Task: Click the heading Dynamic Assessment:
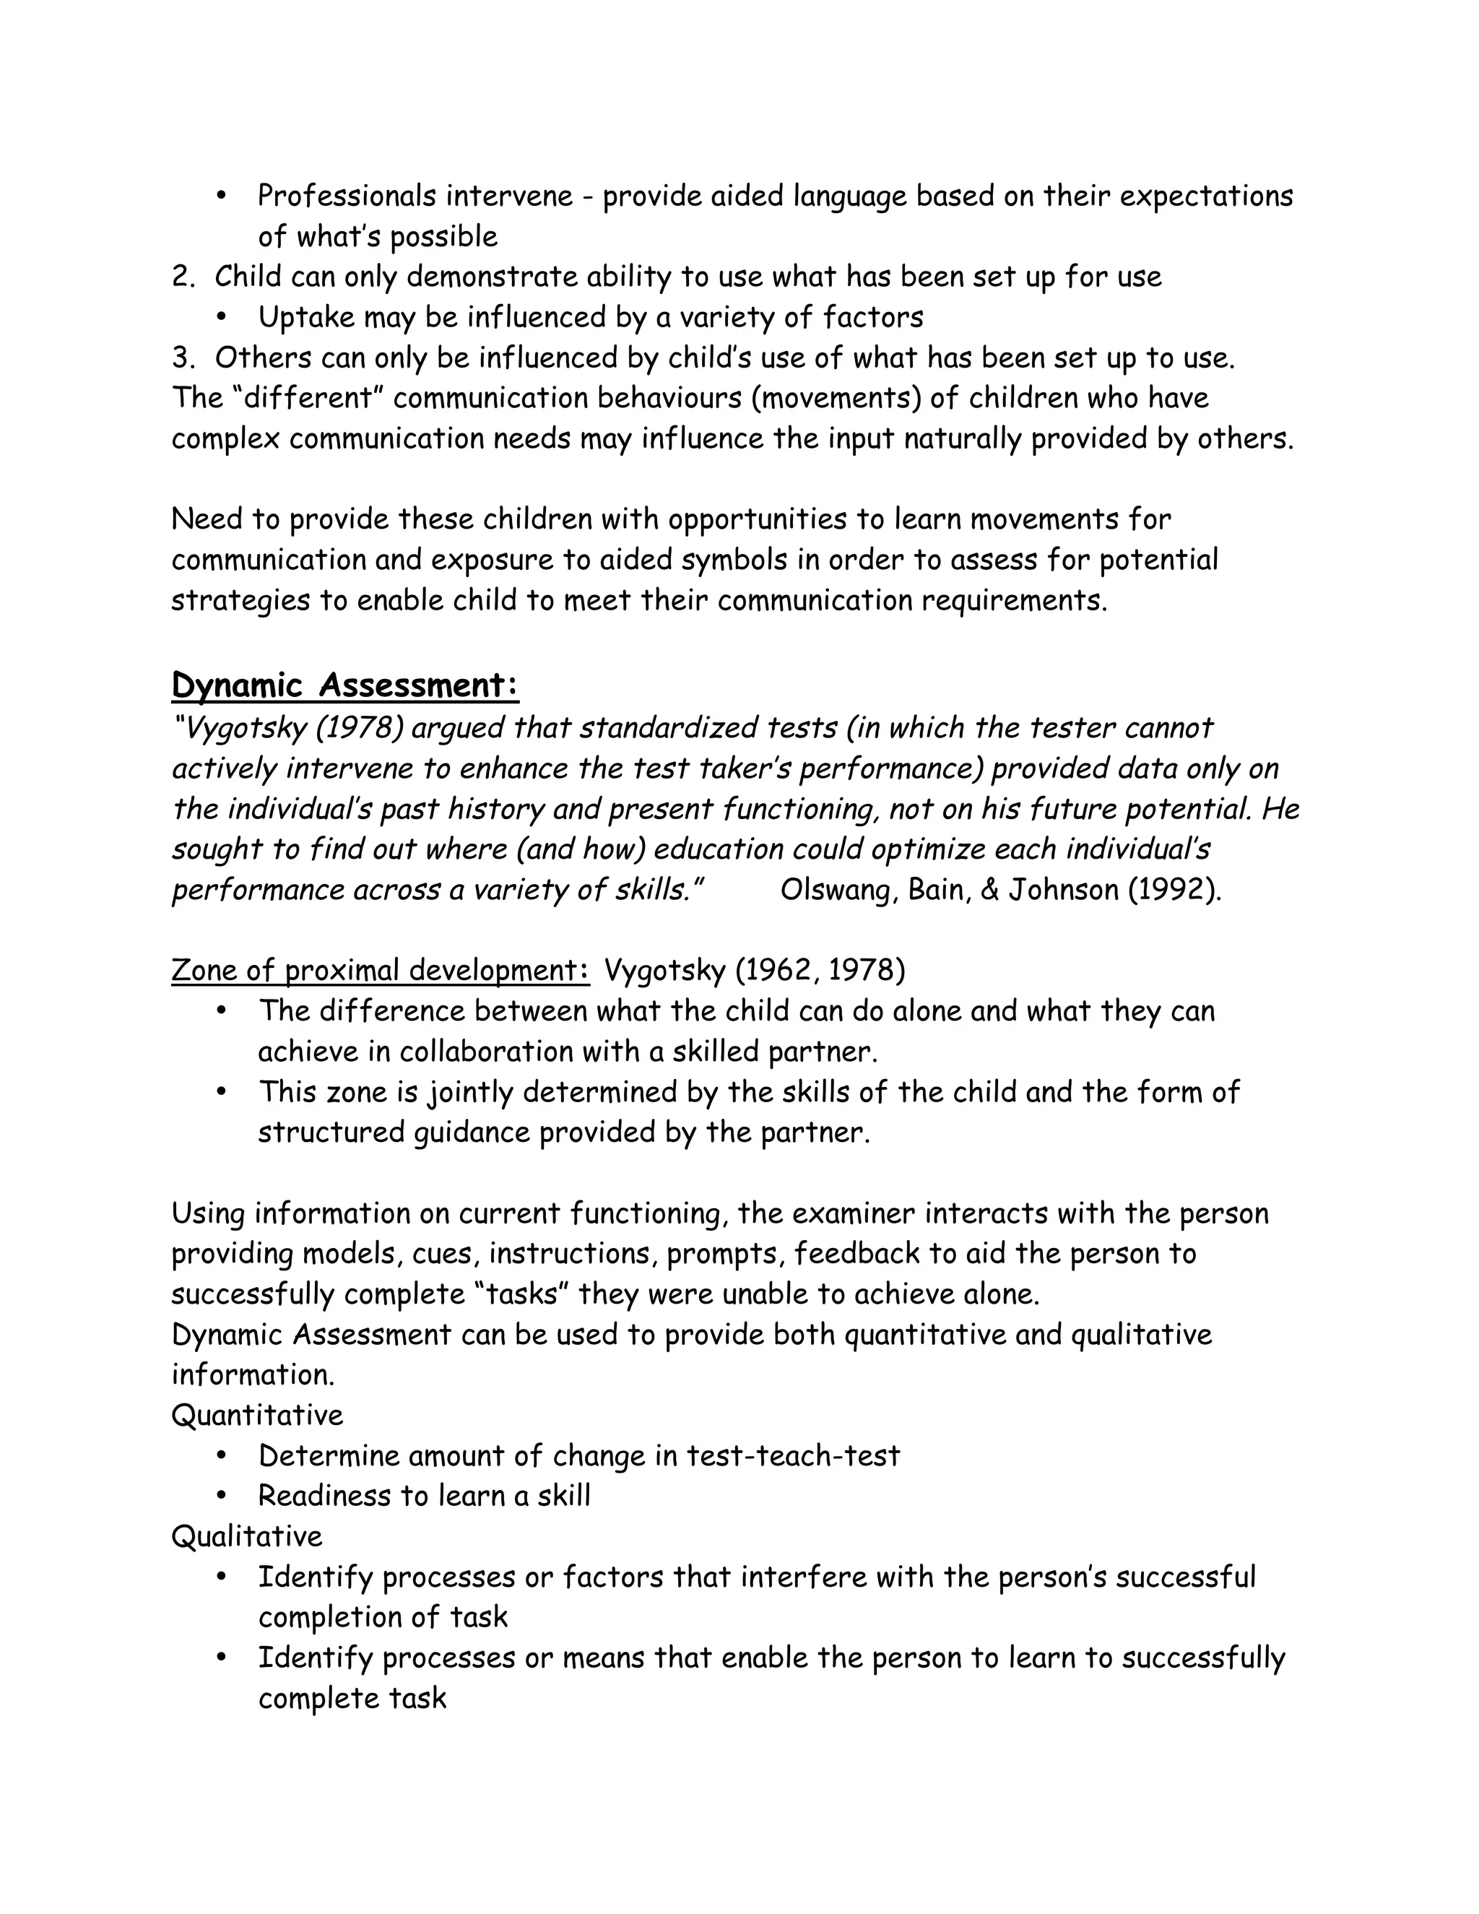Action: pos(344,685)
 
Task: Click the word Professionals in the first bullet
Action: pos(346,196)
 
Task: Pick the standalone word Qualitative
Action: pos(247,1536)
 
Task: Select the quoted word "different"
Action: pos(308,398)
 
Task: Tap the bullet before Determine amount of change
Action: pos(222,1455)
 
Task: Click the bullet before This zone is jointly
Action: pos(222,1092)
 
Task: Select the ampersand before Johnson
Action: pos(989,891)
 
